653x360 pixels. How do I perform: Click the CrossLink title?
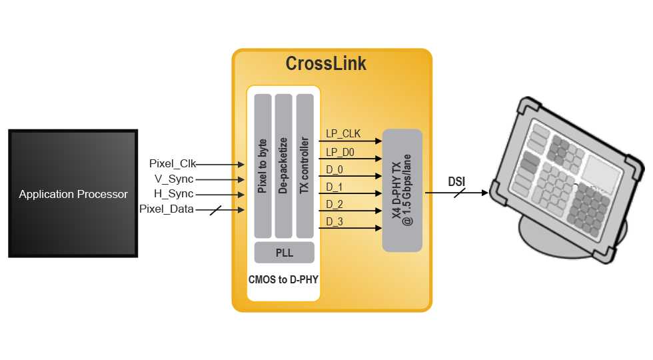click(x=326, y=63)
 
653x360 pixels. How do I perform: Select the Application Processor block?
click(x=73, y=194)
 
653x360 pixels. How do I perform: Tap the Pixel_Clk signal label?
click(x=173, y=163)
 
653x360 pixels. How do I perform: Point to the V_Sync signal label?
click(x=174, y=179)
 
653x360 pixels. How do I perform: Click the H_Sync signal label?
click(x=174, y=194)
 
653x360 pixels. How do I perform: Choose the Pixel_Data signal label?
click(x=167, y=209)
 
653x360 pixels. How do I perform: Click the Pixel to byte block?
click(x=263, y=166)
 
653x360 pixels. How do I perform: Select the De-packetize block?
click(x=284, y=166)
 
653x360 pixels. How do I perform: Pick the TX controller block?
click(x=305, y=166)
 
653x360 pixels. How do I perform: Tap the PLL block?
click(x=284, y=253)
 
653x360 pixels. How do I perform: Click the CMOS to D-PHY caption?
click(x=283, y=280)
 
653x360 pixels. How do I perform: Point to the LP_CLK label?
click(x=342, y=134)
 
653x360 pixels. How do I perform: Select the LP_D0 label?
click(x=340, y=153)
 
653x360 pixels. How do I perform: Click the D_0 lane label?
click(x=334, y=170)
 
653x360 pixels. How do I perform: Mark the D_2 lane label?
click(x=334, y=204)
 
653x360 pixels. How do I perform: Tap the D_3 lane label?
click(x=334, y=221)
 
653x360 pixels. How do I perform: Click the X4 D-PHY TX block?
click(x=402, y=190)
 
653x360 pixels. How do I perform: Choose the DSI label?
click(x=456, y=181)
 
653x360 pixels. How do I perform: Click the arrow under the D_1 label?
click(x=350, y=194)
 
